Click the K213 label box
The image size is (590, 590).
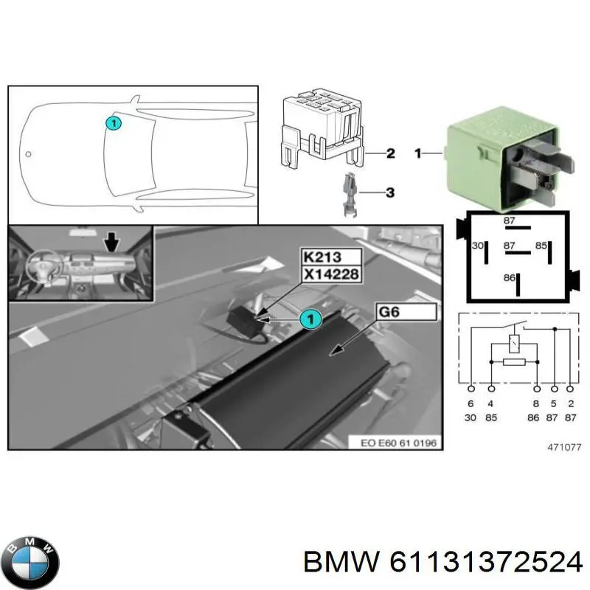(x=331, y=257)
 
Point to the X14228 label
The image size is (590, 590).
(x=331, y=273)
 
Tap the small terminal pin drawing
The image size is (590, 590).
(x=350, y=193)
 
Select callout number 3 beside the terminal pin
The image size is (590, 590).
(x=390, y=192)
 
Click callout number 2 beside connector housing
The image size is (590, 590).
(x=390, y=154)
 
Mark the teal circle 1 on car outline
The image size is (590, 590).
(x=112, y=124)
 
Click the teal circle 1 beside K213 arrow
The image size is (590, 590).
(x=310, y=319)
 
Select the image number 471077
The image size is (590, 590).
(x=564, y=447)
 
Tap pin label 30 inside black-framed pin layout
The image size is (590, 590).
(x=477, y=246)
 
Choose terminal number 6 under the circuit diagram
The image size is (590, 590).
(x=471, y=404)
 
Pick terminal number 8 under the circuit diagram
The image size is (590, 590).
(x=536, y=404)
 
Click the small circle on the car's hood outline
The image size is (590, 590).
(x=28, y=155)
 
